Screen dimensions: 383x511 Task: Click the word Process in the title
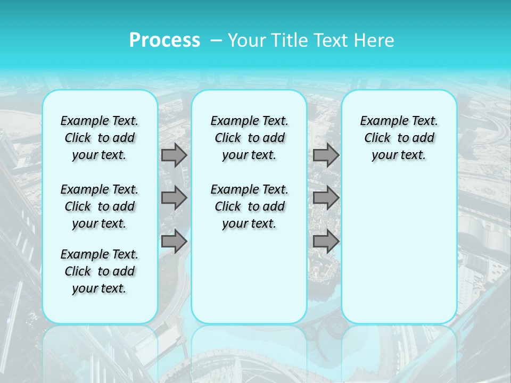tap(164, 40)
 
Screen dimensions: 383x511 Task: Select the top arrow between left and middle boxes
tap(174, 155)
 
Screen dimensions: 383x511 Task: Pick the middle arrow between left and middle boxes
tap(174, 198)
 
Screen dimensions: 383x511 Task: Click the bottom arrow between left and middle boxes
tap(174, 242)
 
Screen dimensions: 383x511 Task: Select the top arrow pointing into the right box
tap(326, 155)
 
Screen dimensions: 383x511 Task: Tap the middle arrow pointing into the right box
tap(326, 198)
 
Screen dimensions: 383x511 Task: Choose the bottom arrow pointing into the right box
tap(326, 242)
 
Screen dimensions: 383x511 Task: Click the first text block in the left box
tap(100, 138)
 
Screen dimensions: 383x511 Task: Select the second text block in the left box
tap(100, 206)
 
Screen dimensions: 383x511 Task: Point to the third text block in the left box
tap(100, 271)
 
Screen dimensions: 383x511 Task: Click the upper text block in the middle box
tap(249, 138)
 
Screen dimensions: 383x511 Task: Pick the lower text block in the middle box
tap(249, 206)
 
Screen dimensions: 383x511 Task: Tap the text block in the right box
tap(399, 138)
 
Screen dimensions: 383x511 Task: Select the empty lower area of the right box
tap(399, 245)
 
